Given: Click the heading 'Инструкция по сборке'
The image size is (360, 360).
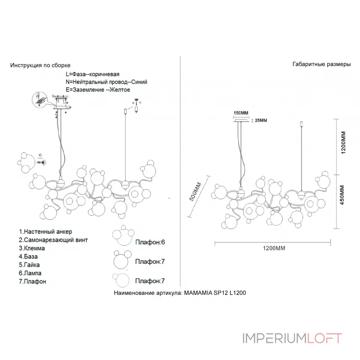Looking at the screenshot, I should (x=40, y=65).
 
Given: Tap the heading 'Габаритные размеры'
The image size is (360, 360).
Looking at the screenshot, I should (x=321, y=64).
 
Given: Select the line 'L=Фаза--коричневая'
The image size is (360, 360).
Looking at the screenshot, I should (x=93, y=74).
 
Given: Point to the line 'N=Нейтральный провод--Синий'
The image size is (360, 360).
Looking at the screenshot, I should (x=106, y=82).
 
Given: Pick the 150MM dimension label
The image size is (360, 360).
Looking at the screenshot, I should (x=241, y=112).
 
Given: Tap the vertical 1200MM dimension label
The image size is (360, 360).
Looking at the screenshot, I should (x=343, y=143).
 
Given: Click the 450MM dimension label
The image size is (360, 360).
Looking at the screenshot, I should (x=343, y=195).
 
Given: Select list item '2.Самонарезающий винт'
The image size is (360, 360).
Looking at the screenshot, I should (x=54, y=240).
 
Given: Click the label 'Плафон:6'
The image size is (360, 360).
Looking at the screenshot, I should (x=150, y=242).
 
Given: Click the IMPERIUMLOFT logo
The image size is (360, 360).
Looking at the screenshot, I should (x=292, y=338).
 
